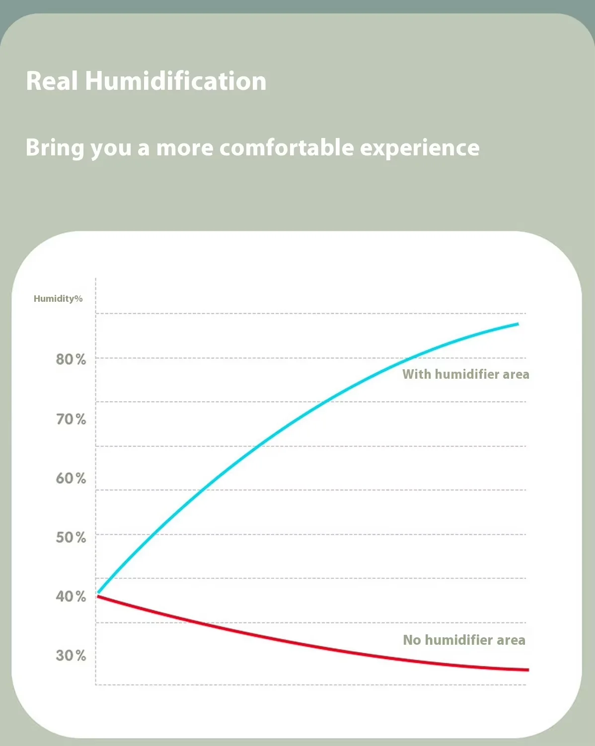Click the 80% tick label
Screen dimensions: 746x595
(x=71, y=359)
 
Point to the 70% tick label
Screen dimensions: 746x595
(x=71, y=419)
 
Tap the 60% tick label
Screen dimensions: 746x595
(x=71, y=478)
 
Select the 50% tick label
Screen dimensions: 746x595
(x=71, y=537)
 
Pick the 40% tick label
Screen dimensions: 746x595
(x=71, y=596)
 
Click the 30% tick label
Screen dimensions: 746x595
(x=71, y=655)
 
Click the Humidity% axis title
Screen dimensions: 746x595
(x=58, y=298)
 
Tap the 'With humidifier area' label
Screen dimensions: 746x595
(x=465, y=374)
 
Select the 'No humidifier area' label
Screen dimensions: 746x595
(x=464, y=640)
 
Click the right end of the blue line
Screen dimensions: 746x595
(x=518, y=324)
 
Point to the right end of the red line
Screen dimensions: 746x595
(x=527, y=670)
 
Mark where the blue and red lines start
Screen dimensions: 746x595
(x=98, y=594)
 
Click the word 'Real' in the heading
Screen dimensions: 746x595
(x=52, y=81)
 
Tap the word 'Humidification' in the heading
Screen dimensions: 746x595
(x=175, y=81)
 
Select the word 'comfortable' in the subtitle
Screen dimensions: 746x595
(x=287, y=147)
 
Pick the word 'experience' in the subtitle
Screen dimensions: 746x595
(x=420, y=148)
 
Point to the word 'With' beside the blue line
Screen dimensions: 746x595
(x=416, y=374)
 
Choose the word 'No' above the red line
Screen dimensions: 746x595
(x=412, y=640)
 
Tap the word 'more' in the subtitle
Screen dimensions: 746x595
(x=184, y=148)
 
